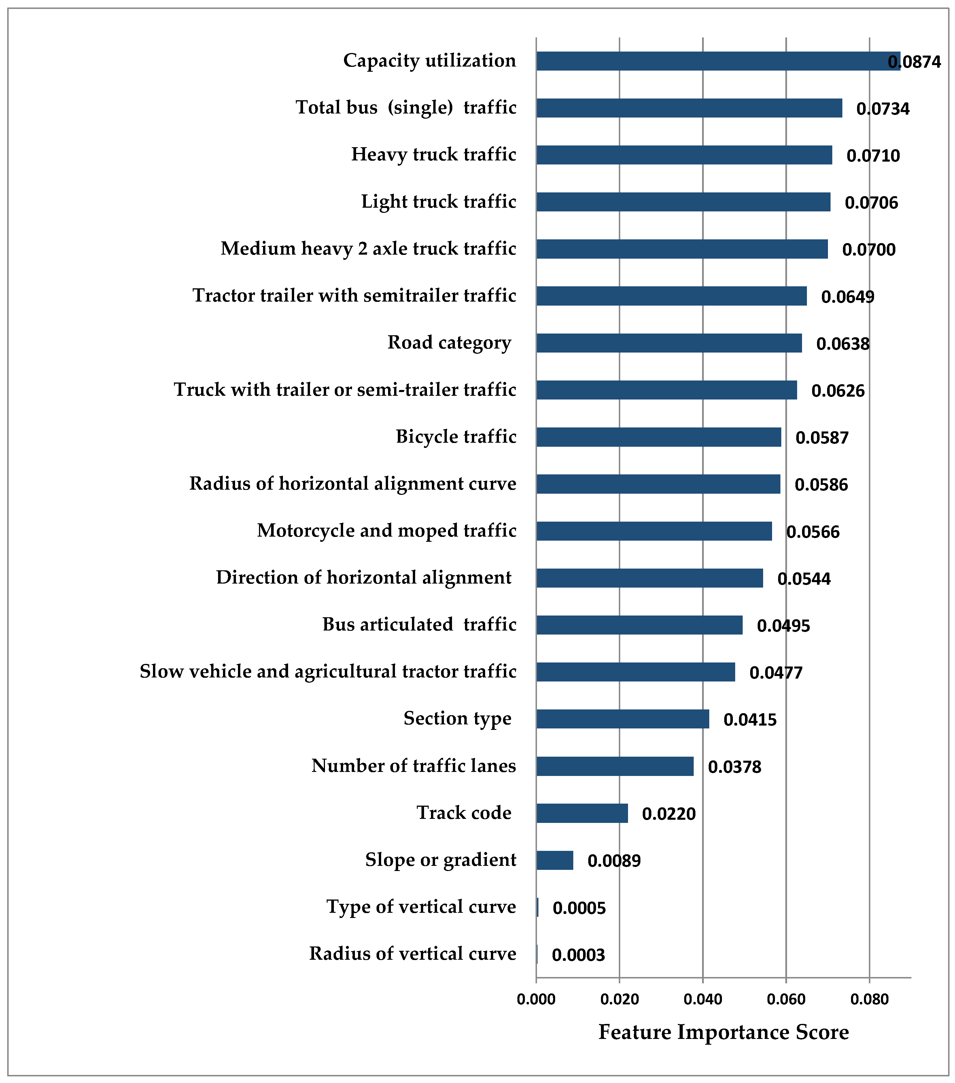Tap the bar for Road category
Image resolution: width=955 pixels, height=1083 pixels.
669,343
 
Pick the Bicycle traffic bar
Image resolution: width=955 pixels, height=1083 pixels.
658,437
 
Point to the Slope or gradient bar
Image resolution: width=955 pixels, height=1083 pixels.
554,860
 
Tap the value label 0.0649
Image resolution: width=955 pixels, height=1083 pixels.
848,297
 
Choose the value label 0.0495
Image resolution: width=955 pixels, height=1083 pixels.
783,626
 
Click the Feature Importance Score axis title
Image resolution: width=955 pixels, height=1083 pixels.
723,1032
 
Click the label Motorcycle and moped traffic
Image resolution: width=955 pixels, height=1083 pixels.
386,530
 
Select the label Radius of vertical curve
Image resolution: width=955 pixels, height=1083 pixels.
412,954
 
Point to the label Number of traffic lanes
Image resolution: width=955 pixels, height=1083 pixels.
413,766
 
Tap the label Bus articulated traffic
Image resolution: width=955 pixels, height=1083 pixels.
419,625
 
